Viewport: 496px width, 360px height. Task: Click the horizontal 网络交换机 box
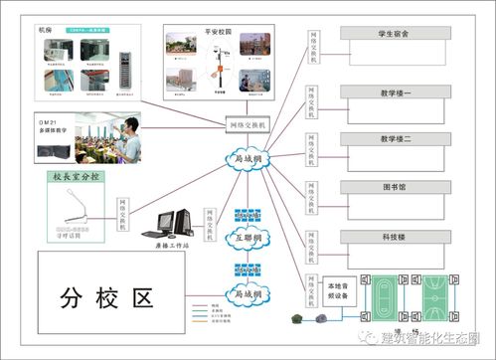(x=248, y=124)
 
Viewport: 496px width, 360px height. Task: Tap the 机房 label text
(x=50, y=31)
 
